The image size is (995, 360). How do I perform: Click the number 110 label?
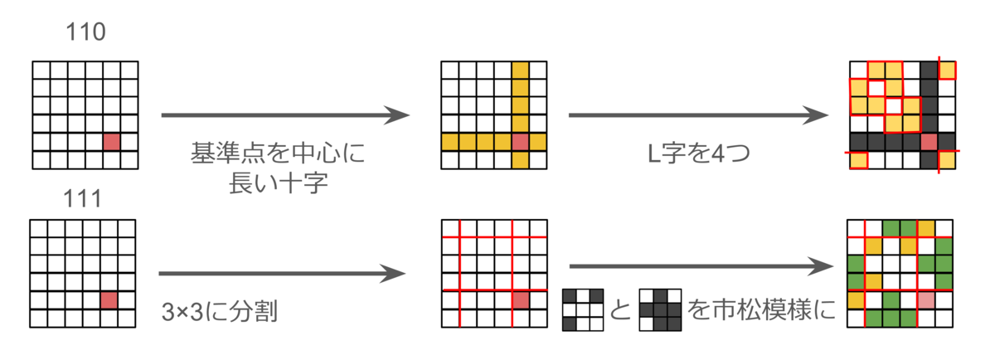point(85,32)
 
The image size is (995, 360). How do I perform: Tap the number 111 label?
point(83,199)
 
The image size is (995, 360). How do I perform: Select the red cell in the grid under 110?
point(111,142)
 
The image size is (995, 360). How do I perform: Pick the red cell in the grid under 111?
point(109,300)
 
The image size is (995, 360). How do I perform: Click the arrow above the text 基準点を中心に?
point(285,115)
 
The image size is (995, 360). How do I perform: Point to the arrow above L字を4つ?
point(698,115)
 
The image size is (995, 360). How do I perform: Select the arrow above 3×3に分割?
point(282,274)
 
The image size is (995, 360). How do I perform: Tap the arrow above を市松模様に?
point(701,266)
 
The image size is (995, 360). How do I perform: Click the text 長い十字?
point(279,183)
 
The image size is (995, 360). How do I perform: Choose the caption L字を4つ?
point(699,153)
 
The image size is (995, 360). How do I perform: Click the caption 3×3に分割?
point(220,311)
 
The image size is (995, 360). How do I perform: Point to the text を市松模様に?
point(761,309)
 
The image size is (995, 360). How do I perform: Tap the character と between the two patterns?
point(620,309)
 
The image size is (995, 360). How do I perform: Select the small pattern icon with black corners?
point(583,309)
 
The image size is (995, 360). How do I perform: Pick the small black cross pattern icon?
point(661,309)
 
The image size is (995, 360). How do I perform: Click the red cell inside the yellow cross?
point(520,142)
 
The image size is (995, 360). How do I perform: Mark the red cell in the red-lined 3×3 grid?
point(521,300)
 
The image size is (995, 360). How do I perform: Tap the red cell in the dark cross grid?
point(929,142)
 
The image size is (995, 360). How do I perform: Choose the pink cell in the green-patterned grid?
point(926,300)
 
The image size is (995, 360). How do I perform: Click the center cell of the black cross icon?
point(661,309)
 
